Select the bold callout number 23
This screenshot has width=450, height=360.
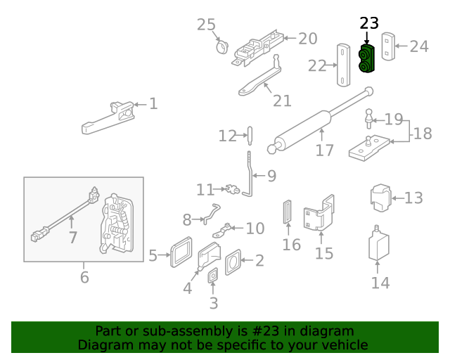368,23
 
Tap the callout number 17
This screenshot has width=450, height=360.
324,150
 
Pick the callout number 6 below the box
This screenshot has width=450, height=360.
84,277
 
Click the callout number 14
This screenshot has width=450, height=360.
380,283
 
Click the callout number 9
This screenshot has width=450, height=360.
271,174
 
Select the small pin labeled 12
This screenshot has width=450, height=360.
249,134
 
